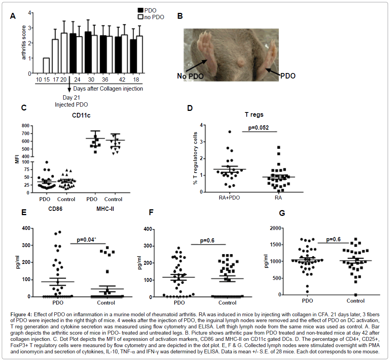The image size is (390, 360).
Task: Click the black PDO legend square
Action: [141, 10]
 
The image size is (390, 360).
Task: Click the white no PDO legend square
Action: [141, 17]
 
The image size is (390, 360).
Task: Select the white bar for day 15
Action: [46, 66]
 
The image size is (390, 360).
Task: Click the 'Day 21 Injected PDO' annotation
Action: [71, 101]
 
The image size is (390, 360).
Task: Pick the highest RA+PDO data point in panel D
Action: [230, 132]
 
